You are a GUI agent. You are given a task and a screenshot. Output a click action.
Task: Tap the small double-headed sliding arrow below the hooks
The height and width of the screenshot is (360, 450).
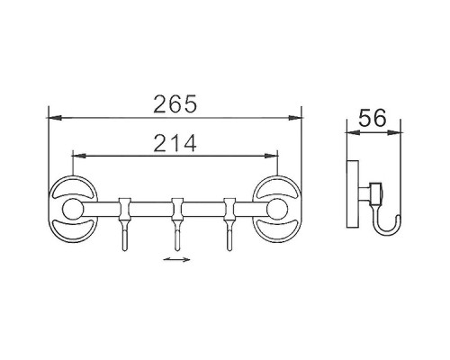coord(175,262)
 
